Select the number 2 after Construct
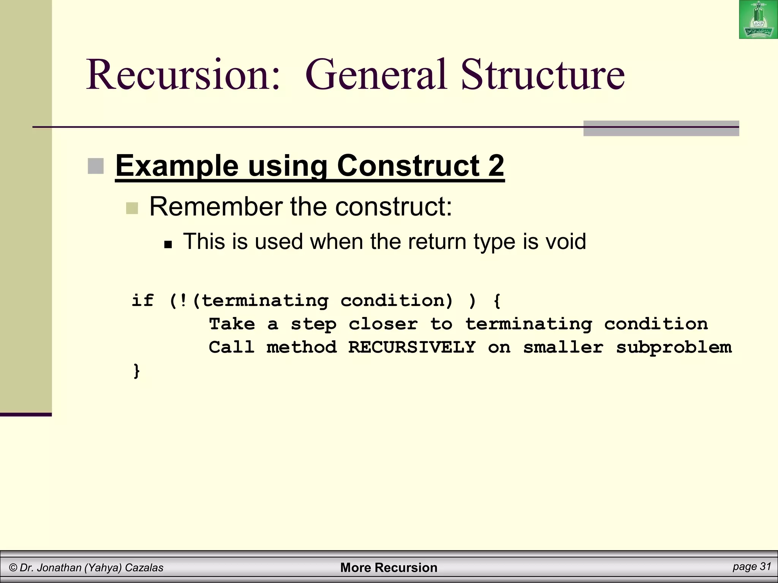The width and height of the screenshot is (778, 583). tap(496, 165)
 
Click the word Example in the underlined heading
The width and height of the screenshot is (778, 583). tap(177, 166)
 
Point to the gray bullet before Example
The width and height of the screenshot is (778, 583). tap(96, 166)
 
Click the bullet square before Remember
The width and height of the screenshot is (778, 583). tap(132, 208)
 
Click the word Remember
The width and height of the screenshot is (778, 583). tap(216, 207)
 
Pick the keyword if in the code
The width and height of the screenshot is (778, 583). tap(143, 301)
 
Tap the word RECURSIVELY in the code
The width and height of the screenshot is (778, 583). tap(412, 347)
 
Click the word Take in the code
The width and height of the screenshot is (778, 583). tap(232, 324)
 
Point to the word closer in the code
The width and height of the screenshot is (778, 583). tap(383, 324)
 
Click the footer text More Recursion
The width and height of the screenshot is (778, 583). tap(389, 567)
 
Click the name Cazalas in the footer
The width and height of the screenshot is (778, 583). tap(144, 568)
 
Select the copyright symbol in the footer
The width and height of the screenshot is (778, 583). tap(13, 568)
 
